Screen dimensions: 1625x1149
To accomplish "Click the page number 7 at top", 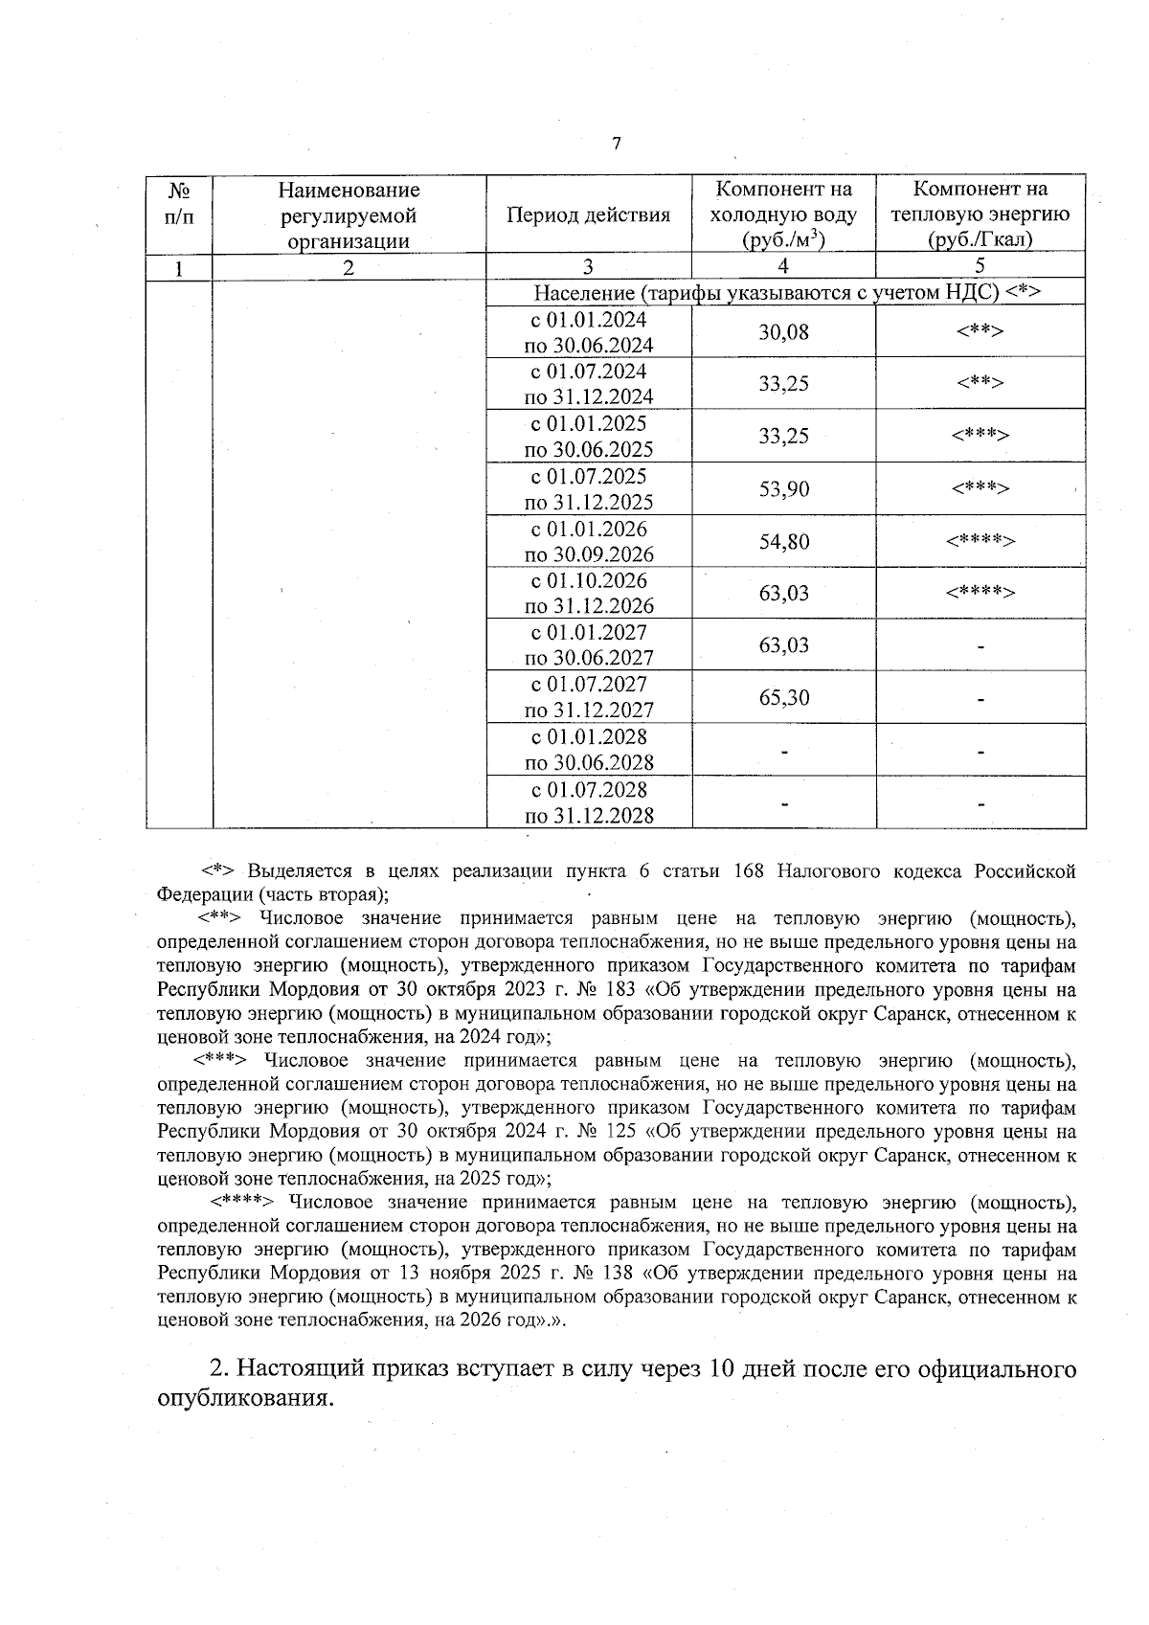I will click(x=616, y=144).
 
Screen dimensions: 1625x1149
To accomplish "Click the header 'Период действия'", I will click(x=588, y=214).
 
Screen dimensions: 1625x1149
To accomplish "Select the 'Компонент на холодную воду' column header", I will click(x=783, y=214).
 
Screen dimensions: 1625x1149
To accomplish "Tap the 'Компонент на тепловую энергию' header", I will click(x=980, y=214).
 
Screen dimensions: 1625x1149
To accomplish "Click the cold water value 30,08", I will click(x=783, y=332).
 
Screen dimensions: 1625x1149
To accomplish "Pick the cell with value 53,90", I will click(x=783, y=489).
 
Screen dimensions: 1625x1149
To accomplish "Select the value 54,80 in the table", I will click(x=783, y=542).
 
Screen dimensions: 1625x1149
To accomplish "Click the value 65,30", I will click(x=783, y=697).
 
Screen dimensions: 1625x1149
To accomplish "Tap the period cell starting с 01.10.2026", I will click(x=588, y=594).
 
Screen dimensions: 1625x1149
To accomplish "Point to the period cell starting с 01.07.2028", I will click(x=588, y=802).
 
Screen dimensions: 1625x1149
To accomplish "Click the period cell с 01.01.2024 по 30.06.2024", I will click(x=588, y=332).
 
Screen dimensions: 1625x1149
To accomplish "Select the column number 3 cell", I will click(x=588, y=267).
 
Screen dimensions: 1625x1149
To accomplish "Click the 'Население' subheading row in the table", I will click(x=786, y=292).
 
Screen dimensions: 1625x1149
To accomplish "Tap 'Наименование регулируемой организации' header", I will click(x=349, y=214).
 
